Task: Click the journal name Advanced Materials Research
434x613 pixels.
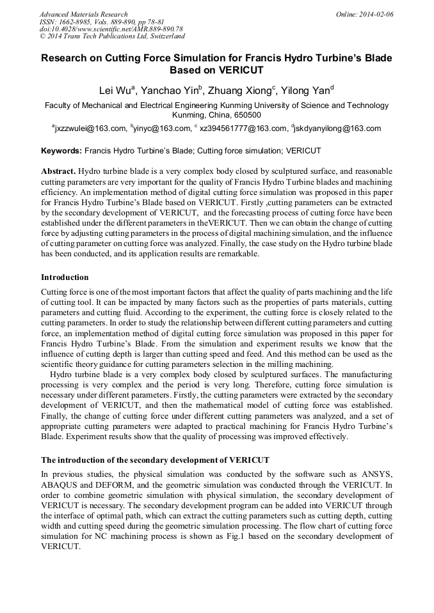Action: coord(83,13)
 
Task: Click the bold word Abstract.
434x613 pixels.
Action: coord(59,172)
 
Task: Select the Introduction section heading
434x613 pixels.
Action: coord(65,277)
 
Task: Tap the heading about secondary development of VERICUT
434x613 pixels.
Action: coord(155,460)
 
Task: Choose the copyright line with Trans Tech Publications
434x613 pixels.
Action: coord(112,36)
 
